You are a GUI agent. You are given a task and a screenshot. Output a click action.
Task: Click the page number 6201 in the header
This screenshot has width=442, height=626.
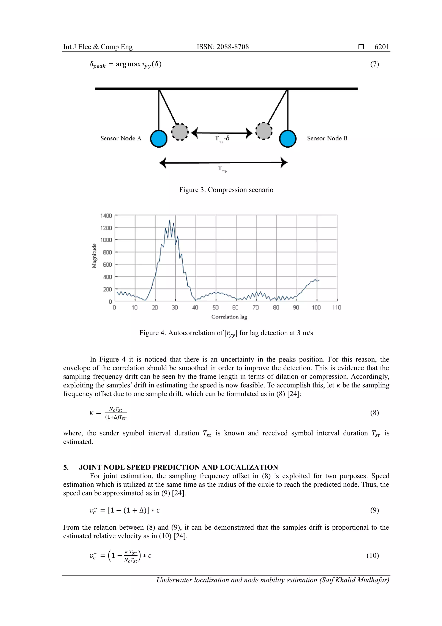382,47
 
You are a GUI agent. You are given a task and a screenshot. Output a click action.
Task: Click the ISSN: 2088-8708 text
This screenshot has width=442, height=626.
223,47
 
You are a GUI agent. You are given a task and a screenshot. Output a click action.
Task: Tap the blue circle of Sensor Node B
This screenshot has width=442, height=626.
288,139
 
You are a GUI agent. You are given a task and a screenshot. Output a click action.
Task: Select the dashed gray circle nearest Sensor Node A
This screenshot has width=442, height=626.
180,132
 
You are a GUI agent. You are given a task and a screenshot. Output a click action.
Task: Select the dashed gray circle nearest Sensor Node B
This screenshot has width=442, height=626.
264,131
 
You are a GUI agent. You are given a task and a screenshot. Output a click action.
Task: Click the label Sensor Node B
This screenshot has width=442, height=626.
327,138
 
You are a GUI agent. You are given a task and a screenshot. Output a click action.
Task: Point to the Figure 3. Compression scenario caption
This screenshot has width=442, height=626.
226,190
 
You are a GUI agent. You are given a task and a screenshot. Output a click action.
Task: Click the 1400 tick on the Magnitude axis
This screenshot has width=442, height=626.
106,216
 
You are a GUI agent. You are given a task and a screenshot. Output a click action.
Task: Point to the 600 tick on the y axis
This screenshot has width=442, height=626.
107,264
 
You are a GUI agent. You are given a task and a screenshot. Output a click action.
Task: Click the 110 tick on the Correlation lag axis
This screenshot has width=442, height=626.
337,307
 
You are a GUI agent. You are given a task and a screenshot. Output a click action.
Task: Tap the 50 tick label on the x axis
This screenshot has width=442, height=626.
215,307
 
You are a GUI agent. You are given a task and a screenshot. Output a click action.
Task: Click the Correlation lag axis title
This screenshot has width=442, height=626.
229,317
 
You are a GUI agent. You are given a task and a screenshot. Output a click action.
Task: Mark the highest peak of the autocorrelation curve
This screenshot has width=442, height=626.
170,220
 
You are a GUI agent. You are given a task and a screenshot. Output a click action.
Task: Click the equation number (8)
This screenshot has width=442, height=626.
374,413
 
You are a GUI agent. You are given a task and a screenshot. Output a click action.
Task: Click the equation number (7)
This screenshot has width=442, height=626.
374,64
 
